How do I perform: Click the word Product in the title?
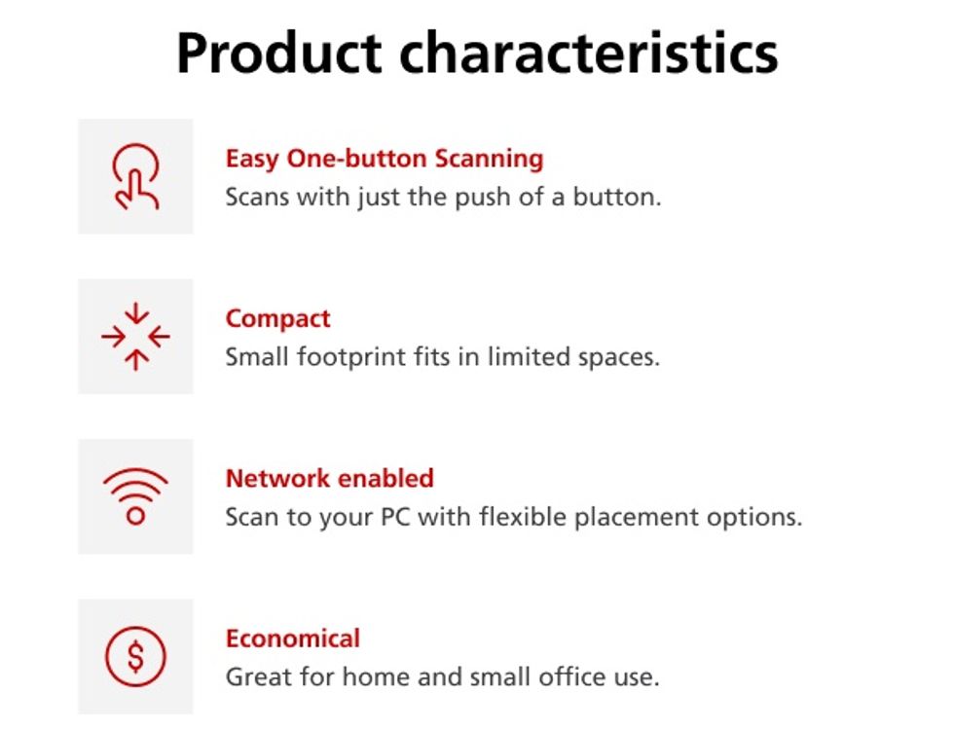click(x=278, y=53)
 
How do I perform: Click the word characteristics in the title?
click(x=588, y=53)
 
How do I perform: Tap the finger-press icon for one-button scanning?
click(x=135, y=176)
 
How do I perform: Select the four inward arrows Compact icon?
click(x=135, y=337)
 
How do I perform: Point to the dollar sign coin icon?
click(x=135, y=656)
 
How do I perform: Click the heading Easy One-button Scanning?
click(x=385, y=160)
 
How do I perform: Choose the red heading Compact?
click(x=278, y=319)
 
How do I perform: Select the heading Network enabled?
click(x=330, y=478)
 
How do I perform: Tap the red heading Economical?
click(x=293, y=639)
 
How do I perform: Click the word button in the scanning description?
click(x=617, y=197)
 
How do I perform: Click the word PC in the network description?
click(x=395, y=517)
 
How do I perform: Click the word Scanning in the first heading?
click(x=489, y=160)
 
